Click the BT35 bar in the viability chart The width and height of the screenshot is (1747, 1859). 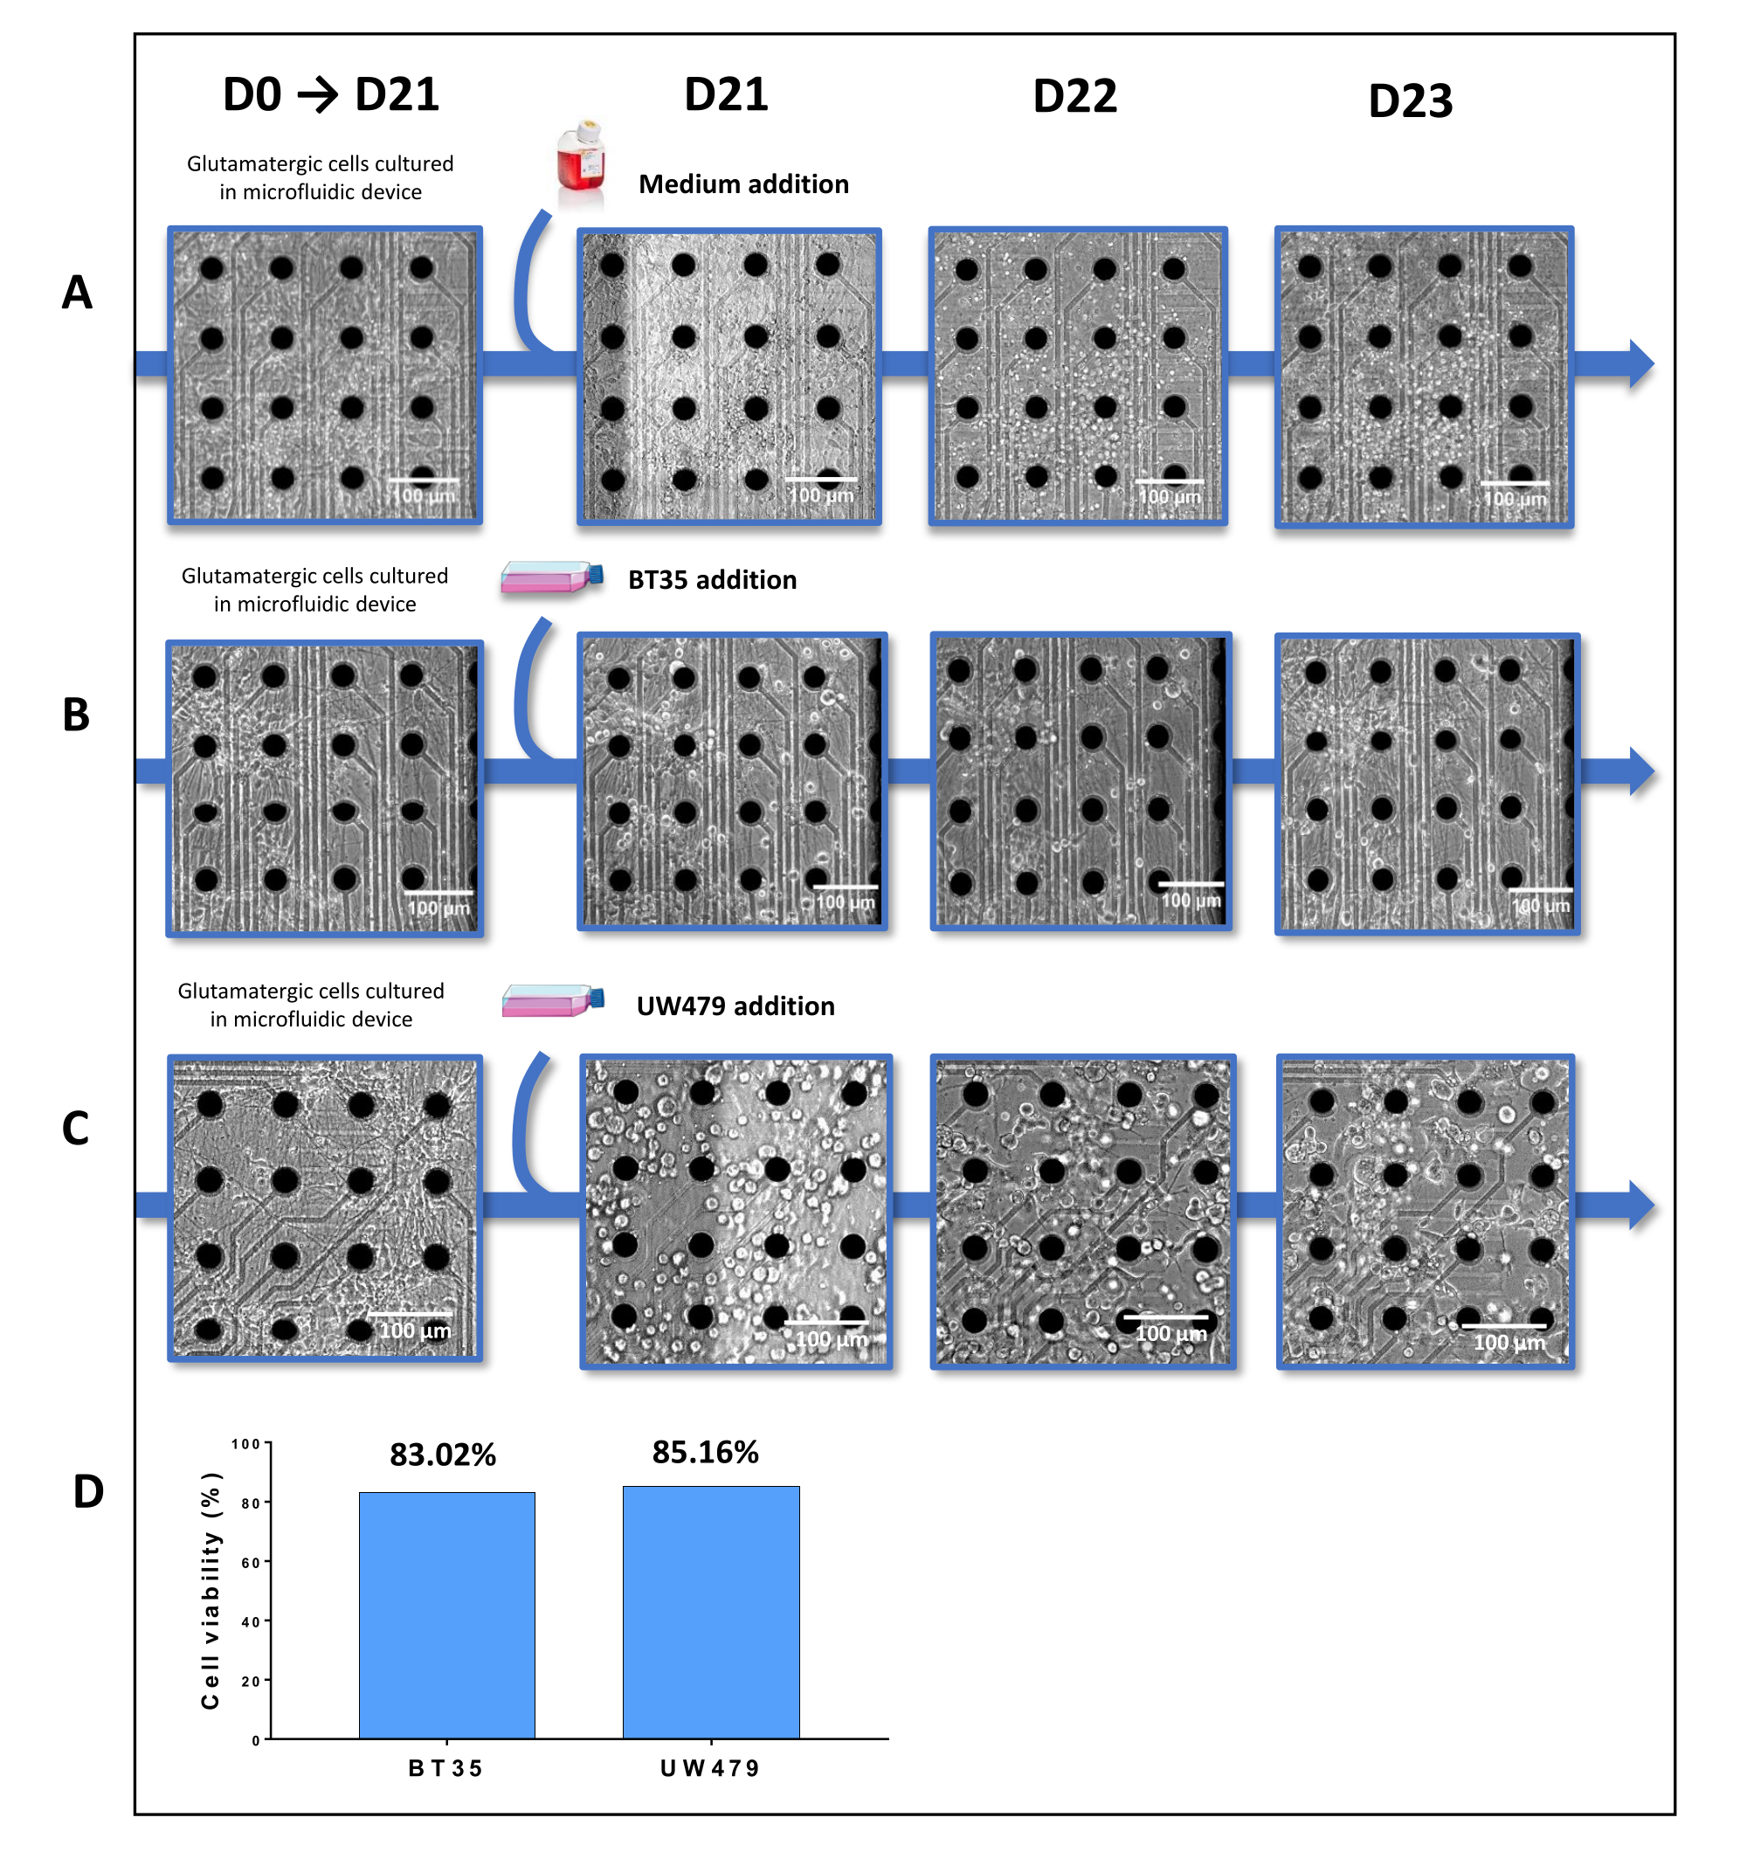point(447,1614)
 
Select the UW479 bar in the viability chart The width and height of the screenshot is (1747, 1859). point(711,1611)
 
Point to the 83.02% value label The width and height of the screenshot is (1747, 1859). point(442,1455)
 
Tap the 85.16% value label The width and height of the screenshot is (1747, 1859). point(705,1452)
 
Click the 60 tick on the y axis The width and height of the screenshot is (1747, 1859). point(251,1563)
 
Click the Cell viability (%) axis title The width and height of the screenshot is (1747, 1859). point(211,1590)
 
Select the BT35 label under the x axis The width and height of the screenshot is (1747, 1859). point(445,1768)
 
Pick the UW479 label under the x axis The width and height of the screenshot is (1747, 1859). point(710,1768)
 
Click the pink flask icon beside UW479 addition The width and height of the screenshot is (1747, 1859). point(552,1000)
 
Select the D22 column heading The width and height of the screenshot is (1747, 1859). point(1074,96)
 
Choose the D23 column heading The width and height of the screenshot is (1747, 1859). point(1409,101)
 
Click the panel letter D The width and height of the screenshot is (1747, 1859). point(88,1491)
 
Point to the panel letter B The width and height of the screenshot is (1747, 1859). point(76,715)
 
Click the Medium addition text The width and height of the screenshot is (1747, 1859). point(743,184)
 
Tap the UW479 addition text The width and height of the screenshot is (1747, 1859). point(735,1006)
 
